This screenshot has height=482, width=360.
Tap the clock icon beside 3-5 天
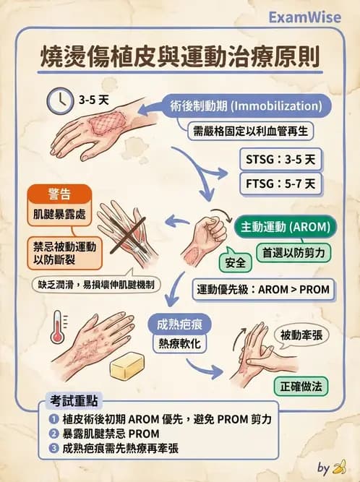pos(59,98)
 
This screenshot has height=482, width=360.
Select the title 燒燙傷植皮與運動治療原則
pos(180,56)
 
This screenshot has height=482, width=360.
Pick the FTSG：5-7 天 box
pos(279,184)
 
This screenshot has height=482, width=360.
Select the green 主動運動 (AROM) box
pos(287,226)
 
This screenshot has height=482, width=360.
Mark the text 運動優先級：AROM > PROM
pos(263,290)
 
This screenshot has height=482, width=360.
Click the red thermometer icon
pos(56,327)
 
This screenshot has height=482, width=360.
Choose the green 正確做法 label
pos(299,385)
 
